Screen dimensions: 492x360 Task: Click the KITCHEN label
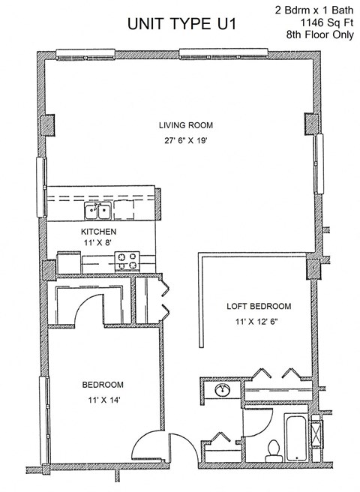(x=98, y=232)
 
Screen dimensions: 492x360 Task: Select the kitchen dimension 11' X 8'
(x=98, y=244)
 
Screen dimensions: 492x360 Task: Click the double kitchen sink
(x=99, y=210)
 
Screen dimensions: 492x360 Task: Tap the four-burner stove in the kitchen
(x=128, y=261)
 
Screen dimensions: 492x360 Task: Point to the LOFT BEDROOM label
(x=259, y=307)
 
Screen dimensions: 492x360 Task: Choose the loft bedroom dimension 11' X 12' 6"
(x=259, y=322)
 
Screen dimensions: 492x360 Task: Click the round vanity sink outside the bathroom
(x=223, y=391)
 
